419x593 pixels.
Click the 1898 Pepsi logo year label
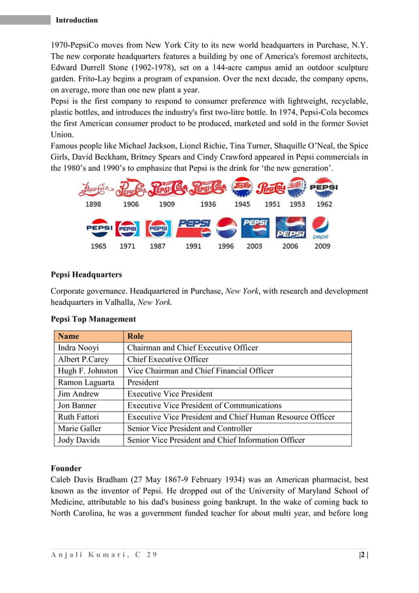tap(93, 204)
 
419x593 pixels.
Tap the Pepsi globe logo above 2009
tap(321, 227)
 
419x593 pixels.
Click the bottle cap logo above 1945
tap(242, 188)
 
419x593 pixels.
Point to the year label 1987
tap(157, 247)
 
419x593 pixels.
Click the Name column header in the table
tap(69, 336)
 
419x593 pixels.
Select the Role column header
tap(136, 336)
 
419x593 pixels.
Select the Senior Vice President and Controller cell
tap(189, 428)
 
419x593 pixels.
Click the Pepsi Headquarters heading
tap(86, 274)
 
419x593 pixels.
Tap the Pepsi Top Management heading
tap(93, 320)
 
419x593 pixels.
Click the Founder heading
tap(66, 469)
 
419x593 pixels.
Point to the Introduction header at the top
tap(77, 20)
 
